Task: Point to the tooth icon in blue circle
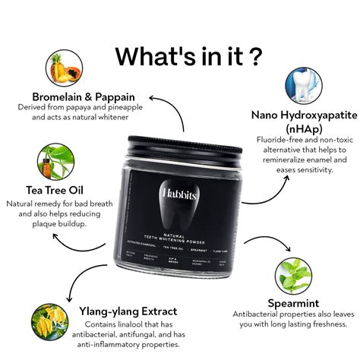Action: click(303, 87)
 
